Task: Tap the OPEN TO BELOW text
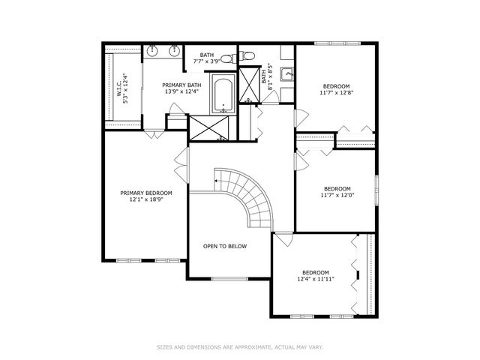225,246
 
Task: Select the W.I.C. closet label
118,88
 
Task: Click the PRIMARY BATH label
181,85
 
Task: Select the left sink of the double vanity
153,52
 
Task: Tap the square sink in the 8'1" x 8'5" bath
286,73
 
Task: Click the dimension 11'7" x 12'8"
337,94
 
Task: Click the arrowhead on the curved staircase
216,181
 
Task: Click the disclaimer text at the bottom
240,347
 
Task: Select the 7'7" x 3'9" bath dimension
207,61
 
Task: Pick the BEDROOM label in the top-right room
337,86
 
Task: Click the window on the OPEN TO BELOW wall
229,279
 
